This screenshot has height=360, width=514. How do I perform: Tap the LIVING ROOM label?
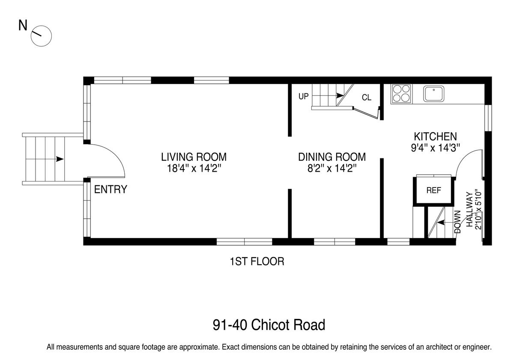[x=194, y=157]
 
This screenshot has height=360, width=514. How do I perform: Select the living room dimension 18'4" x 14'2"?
[x=194, y=169]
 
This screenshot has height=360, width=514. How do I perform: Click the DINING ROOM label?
[x=332, y=157]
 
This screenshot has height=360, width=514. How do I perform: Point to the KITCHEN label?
[x=435, y=137]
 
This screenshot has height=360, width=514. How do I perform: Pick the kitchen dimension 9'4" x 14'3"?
[x=435, y=148]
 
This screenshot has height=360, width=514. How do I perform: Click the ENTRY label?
[x=111, y=189]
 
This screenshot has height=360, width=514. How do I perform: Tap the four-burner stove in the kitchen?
[x=401, y=93]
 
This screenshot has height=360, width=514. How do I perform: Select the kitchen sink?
[x=433, y=94]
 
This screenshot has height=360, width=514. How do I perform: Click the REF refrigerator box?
[x=433, y=190]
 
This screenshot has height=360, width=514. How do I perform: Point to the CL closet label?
[x=367, y=98]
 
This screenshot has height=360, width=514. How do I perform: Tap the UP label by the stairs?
[x=303, y=96]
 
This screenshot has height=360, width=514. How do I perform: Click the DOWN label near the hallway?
[x=457, y=222]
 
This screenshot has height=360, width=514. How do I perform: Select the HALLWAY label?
[x=470, y=209]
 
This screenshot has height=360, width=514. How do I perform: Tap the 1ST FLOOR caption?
[x=257, y=262]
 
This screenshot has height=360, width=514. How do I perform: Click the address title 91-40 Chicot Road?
[x=269, y=325]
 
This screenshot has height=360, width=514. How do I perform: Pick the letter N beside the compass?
[x=23, y=25]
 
